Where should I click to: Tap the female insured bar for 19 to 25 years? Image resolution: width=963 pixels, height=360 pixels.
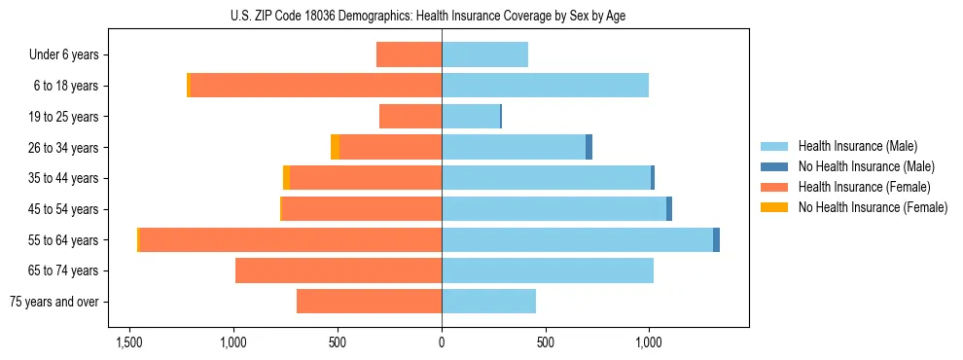[x=410, y=117]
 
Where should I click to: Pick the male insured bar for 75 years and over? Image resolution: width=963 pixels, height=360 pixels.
[x=488, y=302]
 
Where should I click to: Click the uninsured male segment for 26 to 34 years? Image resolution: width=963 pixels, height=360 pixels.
[x=588, y=147]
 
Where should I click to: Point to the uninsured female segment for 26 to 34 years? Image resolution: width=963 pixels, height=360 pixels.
[x=335, y=147]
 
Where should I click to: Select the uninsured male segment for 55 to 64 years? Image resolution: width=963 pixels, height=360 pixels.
[x=716, y=240]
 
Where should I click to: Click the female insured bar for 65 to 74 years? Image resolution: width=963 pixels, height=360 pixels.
[x=339, y=270]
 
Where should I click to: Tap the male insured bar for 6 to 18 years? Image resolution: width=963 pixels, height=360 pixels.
[x=545, y=86]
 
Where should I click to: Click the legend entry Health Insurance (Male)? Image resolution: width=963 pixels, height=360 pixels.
[x=857, y=146]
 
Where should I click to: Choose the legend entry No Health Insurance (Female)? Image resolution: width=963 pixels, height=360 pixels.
[x=873, y=207]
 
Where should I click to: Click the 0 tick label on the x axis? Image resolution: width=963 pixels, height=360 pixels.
[x=442, y=342]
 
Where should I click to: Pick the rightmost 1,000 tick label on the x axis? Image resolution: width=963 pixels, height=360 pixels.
[x=649, y=342]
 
